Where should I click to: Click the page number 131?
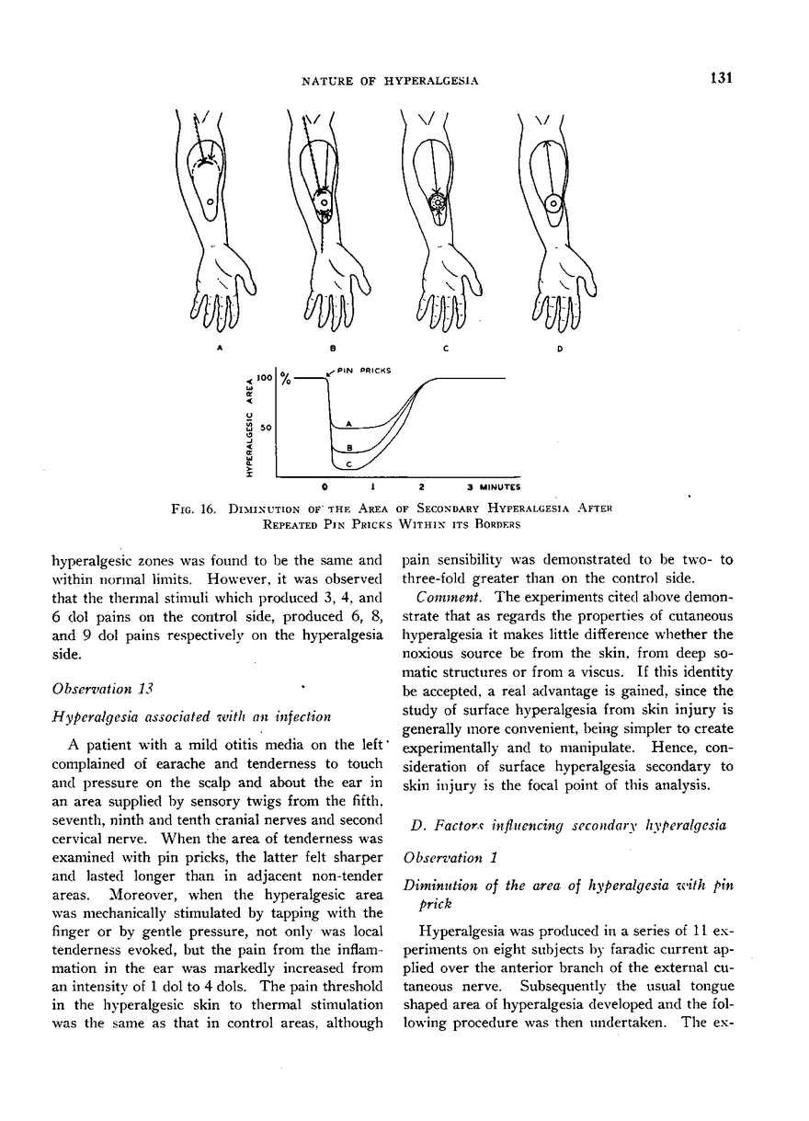[x=720, y=78]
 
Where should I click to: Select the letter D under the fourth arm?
[x=560, y=349]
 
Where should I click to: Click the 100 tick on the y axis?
[x=265, y=378]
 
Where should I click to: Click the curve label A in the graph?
[x=347, y=422]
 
